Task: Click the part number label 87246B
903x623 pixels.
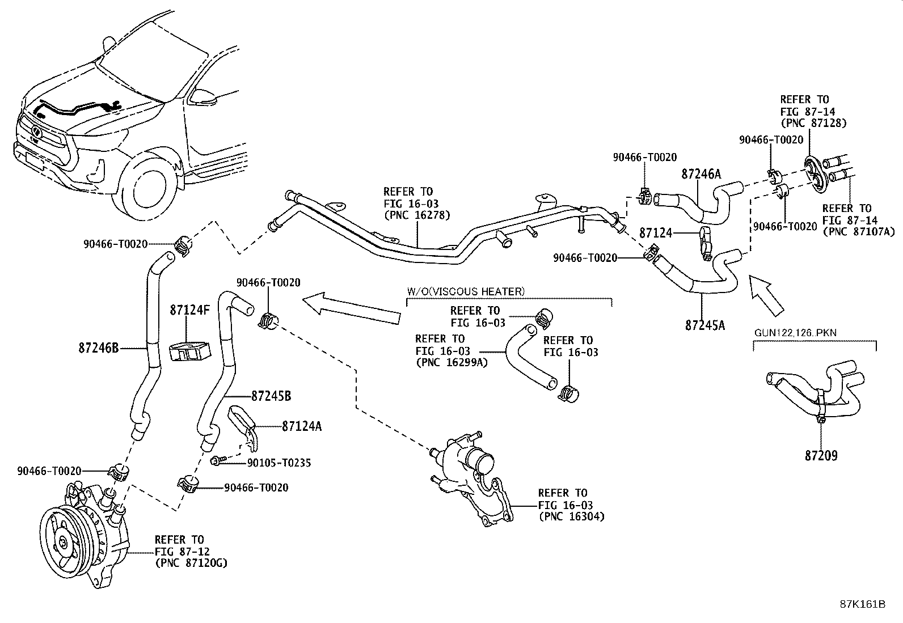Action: click(x=98, y=347)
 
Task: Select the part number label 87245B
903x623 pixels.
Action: click(x=271, y=396)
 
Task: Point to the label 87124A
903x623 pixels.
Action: click(x=301, y=426)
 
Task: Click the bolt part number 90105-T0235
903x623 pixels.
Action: click(x=279, y=463)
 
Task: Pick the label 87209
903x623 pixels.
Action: click(x=821, y=455)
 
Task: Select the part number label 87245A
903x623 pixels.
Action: click(x=705, y=325)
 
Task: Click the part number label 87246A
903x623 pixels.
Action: click(x=701, y=174)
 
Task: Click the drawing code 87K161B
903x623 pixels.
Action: click(x=863, y=604)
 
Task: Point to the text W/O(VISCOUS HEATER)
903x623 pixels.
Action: click(x=465, y=291)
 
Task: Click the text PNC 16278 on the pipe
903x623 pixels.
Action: click(x=416, y=215)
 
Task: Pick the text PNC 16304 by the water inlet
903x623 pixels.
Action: click(x=571, y=516)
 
